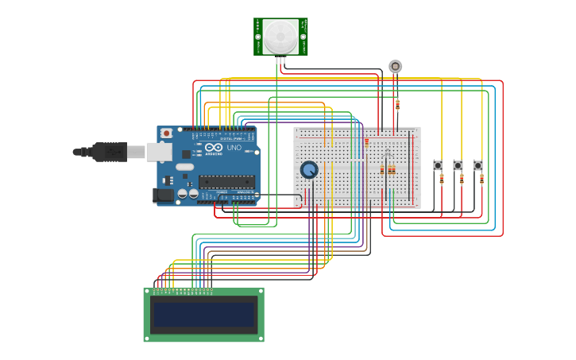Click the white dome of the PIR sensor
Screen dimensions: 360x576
280,37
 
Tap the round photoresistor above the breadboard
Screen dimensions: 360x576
395,66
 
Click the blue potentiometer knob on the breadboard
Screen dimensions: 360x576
309,169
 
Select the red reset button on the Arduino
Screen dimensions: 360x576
167,134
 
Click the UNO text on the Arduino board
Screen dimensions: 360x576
234,148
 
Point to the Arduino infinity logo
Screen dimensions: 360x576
212,148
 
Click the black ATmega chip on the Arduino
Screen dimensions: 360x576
226,182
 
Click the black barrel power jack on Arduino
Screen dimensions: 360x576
163,194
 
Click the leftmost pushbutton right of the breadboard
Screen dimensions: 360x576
438,165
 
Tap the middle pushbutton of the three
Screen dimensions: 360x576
458,165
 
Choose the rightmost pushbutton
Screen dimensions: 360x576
477,165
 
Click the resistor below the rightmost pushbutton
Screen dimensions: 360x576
481,179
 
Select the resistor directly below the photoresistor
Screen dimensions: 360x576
397,104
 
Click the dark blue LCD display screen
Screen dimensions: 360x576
204,314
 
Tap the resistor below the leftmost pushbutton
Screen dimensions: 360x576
442,179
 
